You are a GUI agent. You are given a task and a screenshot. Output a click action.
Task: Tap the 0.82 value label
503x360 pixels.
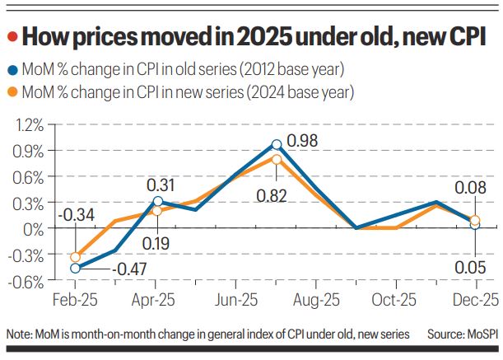coord(277,195)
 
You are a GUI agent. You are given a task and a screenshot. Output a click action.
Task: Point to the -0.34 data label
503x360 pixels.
coord(76,216)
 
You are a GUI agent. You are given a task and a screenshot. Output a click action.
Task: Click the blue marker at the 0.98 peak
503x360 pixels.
coord(277,144)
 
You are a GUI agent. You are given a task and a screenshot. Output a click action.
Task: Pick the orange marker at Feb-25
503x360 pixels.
coord(76,257)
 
